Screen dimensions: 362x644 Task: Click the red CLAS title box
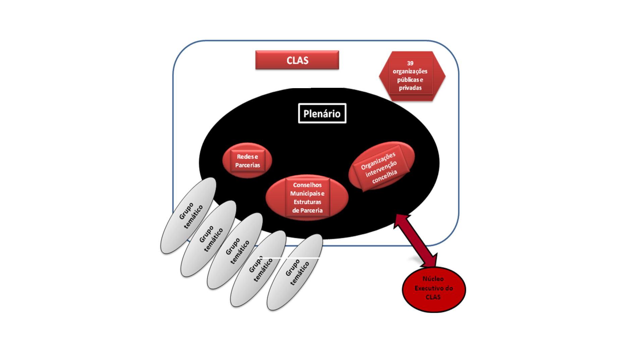tap(297, 60)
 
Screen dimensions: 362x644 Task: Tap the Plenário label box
tap(322, 113)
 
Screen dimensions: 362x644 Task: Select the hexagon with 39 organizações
tap(412, 76)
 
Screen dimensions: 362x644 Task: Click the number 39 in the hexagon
tap(410, 63)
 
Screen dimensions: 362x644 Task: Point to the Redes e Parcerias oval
tap(247, 161)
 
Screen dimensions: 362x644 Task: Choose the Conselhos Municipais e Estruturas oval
tap(307, 197)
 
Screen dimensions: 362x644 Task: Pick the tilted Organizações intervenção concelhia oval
tap(381, 166)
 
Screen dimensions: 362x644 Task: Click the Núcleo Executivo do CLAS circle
tap(434, 289)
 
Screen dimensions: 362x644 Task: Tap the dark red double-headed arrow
tap(416, 240)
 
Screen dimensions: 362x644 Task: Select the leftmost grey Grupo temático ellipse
tap(188, 216)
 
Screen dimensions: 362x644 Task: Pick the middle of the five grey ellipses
tap(235, 251)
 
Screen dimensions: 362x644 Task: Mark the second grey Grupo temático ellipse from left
tap(208, 238)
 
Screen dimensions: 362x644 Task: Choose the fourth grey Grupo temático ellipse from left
tap(258, 268)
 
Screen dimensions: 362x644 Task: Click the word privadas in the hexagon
tap(410, 88)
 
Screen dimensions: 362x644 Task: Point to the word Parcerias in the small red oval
tap(248, 165)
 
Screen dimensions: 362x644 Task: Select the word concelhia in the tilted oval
tap(385, 176)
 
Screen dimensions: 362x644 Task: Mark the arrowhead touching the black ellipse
tap(401, 220)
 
